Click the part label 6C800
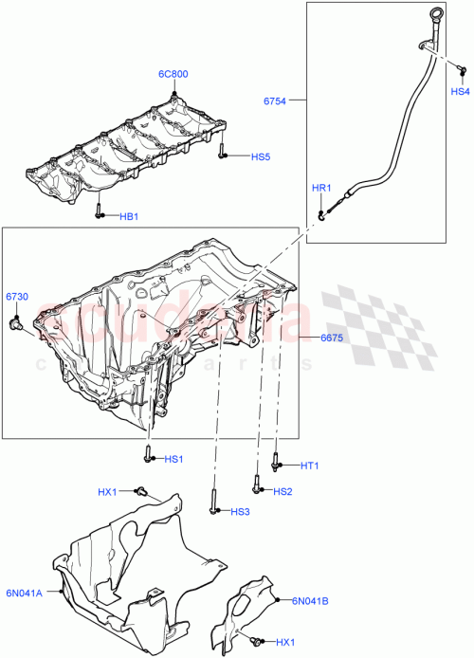tap(173, 72)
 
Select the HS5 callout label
tap(260, 156)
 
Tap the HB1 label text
tap(129, 216)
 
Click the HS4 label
tap(459, 92)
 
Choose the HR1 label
tap(321, 189)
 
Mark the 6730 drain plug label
tap(18, 297)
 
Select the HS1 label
tap(173, 460)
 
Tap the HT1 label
tap(310, 466)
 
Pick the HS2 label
tap(283, 491)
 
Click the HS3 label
tap(240, 512)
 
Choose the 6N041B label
tap(309, 600)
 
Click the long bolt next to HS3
tap(214, 503)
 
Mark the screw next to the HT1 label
tap(274, 462)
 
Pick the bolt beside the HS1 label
tap(149, 456)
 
